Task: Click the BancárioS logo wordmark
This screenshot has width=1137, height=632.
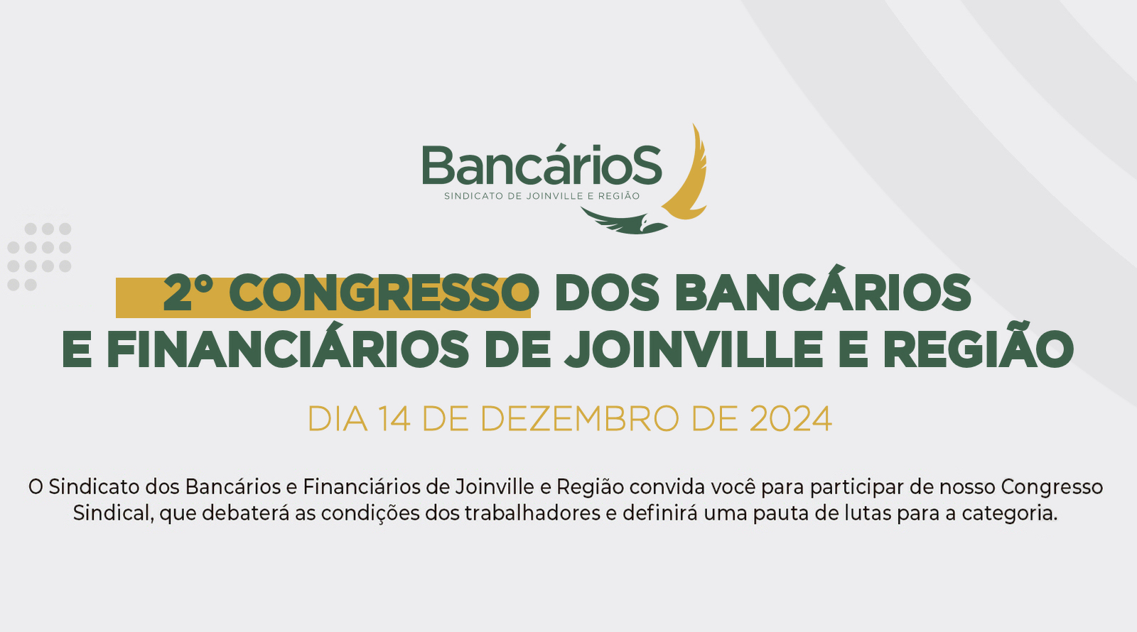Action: pos(542,166)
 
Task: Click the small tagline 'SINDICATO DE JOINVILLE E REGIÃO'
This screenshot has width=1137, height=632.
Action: pos(542,196)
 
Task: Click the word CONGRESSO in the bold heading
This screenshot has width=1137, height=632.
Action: pos(384,293)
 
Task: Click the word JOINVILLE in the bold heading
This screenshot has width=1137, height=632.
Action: pos(694,349)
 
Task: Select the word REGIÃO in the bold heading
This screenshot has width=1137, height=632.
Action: pos(979,344)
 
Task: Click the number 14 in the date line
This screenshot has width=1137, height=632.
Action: pos(394,419)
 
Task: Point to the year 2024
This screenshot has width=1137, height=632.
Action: pos(791,419)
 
